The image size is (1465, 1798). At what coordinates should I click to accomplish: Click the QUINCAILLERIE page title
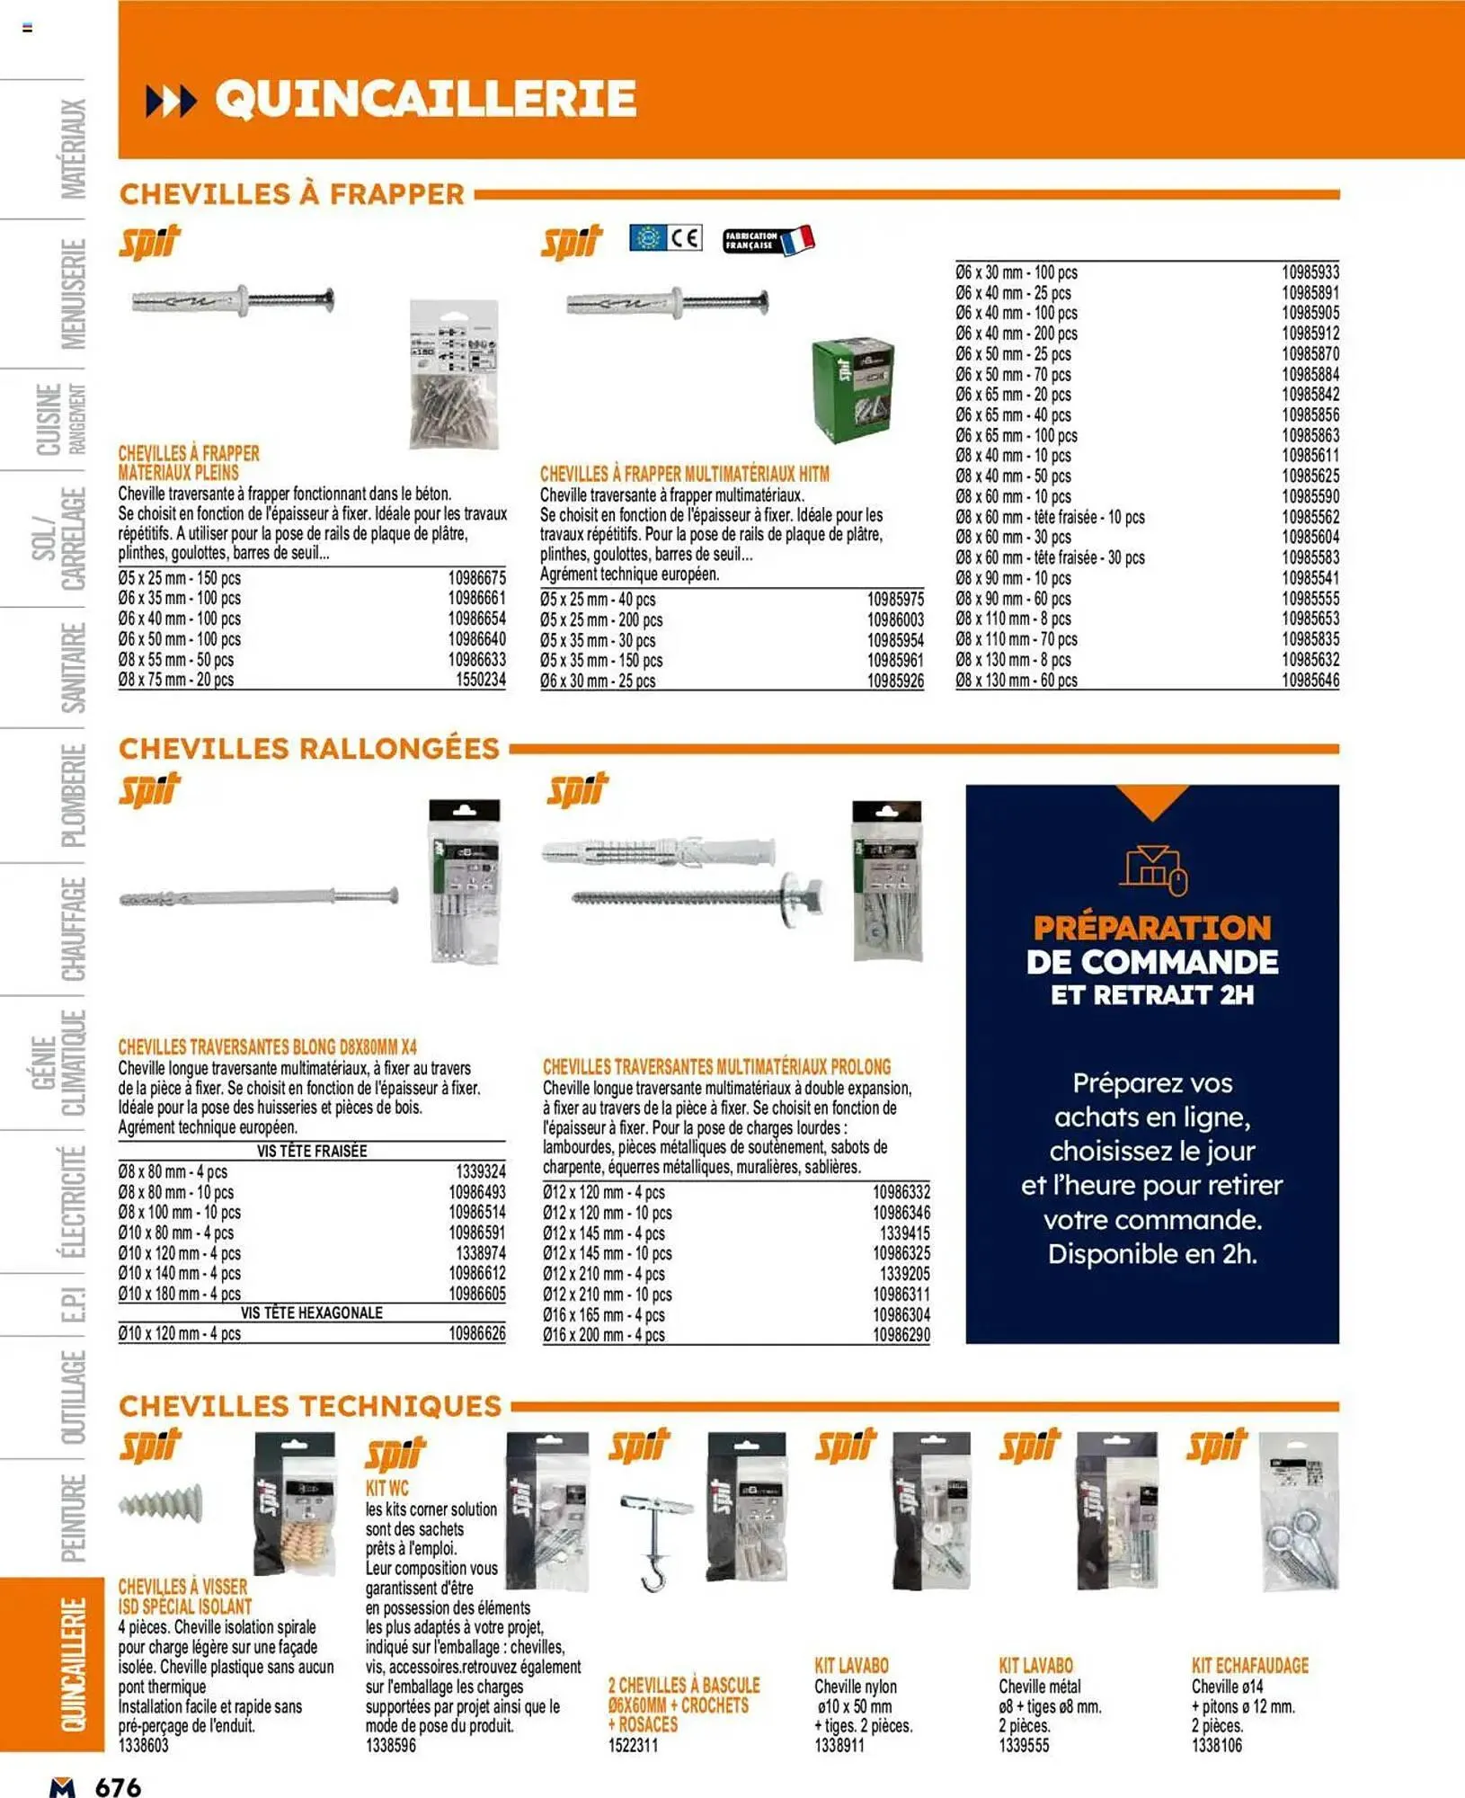pos(425,98)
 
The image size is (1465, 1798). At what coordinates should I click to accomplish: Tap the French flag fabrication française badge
pos(768,240)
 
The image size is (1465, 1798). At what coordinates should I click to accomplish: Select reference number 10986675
pos(476,578)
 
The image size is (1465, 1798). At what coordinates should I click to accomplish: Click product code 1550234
pos(480,680)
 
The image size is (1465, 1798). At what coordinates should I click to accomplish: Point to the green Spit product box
pos(852,388)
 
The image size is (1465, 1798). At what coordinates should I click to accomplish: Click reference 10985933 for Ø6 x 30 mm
pos(1310,272)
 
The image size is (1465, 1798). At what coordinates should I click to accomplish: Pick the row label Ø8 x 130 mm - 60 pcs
pos(1016,681)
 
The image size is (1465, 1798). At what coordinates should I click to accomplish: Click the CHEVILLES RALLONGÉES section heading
pos(309,748)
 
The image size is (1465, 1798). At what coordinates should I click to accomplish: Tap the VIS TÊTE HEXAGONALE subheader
pos(311,1313)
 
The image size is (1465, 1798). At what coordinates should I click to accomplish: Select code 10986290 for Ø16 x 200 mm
pos(901,1335)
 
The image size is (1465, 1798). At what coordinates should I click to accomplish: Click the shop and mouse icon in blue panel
pos(1152,870)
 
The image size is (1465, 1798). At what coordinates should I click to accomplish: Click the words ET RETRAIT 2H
pos(1151,995)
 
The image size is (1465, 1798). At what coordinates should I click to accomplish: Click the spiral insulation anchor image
pos(162,1503)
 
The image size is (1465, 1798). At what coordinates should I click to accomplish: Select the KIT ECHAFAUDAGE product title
pos(1249,1665)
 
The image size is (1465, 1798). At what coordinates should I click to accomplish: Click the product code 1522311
pos(633,1745)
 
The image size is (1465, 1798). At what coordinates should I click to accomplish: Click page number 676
pos(118,1785)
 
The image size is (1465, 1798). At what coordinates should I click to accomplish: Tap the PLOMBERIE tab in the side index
pos(73,795)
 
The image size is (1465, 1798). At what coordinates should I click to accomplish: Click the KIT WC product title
pos(386,1488)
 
